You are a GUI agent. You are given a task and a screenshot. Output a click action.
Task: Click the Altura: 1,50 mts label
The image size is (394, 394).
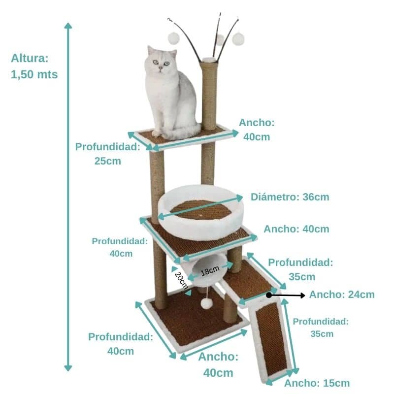click(x=34, y=66)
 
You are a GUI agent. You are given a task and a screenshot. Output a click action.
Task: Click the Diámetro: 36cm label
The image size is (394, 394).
click(x=290, y=197)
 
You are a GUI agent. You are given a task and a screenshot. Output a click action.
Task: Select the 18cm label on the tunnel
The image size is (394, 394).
click(x=210, y=270)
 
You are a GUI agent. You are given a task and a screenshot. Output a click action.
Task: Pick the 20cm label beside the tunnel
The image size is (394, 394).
click(x=181, y=280)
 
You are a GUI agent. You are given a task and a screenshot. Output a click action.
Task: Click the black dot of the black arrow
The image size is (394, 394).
click(x=269, y=295)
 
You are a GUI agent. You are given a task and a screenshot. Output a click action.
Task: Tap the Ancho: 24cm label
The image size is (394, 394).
click(x=342, y=295)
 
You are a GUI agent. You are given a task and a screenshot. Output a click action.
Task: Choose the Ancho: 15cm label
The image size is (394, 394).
click(x=317, y=383)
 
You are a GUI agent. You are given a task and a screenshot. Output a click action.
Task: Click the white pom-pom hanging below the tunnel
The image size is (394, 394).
click(x=206, y=303)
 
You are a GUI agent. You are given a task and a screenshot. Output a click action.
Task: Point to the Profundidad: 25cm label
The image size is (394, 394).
click(x=108, y=154)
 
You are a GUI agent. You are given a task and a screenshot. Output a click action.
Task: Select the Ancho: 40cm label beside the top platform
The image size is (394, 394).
click(x=257, y=130)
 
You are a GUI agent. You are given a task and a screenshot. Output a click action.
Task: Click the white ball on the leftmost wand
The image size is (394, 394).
click(x=173, y=38)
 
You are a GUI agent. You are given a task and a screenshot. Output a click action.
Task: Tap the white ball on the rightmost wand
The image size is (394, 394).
click(x=238, y=39)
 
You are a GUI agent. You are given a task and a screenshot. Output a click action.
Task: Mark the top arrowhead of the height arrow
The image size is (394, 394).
click(x=68, y=26)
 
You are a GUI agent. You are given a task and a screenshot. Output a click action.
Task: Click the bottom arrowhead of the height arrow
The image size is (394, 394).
click(x=68, y=368)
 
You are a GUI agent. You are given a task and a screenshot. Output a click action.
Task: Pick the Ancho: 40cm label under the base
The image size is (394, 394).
click(x=218, y=364)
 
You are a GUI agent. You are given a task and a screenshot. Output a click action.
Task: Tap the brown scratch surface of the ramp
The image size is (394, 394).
click(x=272, y=338)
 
